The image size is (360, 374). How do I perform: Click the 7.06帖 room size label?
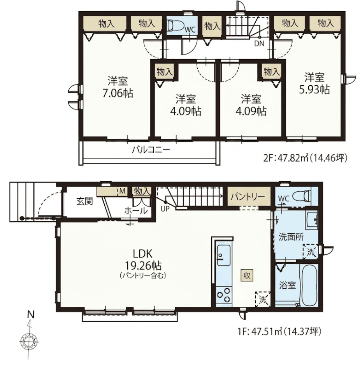(118, 93)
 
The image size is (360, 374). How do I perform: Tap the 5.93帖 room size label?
(314, 90)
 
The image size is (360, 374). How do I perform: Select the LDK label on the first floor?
(142, 254)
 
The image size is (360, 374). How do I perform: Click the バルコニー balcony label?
(151, 150)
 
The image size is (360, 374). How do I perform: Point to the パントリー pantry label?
(248, 197)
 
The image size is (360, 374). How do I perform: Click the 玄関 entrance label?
(84, 201)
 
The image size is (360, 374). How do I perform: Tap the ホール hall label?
(136, 211)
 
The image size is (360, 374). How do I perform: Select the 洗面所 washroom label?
(291, 237)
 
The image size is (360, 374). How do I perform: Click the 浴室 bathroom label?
(287, 285)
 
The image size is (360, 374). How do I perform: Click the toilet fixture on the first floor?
(301, 197)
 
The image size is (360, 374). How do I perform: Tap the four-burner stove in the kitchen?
(224, 295)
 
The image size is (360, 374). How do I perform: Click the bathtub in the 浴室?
(309, 285)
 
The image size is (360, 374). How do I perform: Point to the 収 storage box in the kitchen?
(247, 275)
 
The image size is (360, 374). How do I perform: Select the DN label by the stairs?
(259, 44)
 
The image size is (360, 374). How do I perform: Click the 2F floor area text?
(304, 158)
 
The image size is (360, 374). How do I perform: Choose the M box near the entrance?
(122, 191)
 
